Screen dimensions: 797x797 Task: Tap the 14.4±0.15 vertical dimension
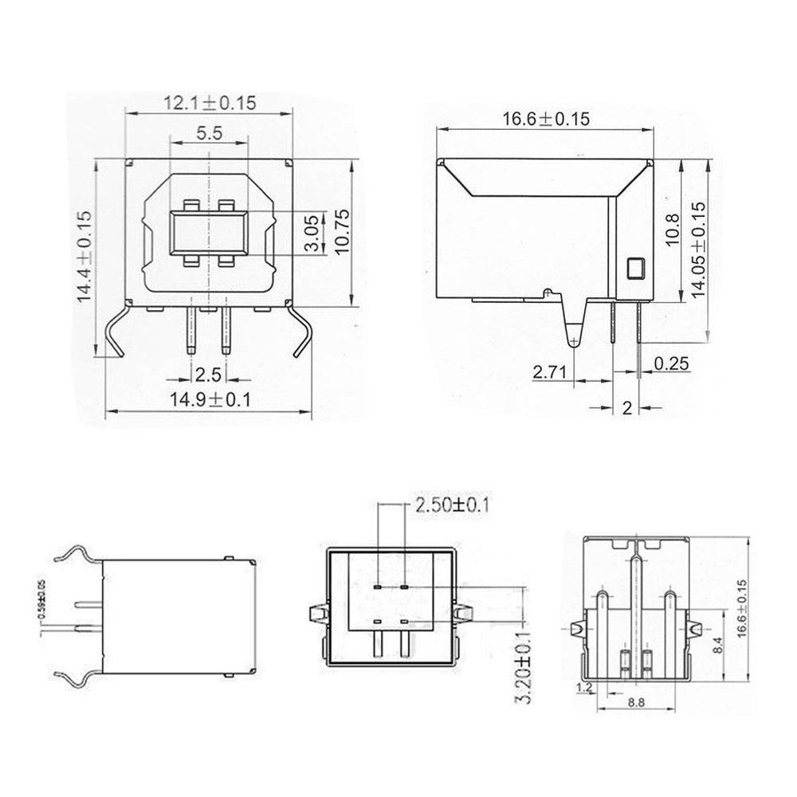(x=84, y=255)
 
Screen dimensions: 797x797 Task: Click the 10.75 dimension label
(x=344, y=232)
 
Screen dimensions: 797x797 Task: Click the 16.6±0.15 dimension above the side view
(x=546, y=120)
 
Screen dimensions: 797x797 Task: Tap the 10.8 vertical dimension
(x=672, y=232)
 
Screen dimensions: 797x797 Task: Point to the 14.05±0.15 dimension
(x=699, y=249)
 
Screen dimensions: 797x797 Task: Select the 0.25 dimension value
(x=670, y=363)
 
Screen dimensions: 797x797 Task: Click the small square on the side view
(x=635, y=269)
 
